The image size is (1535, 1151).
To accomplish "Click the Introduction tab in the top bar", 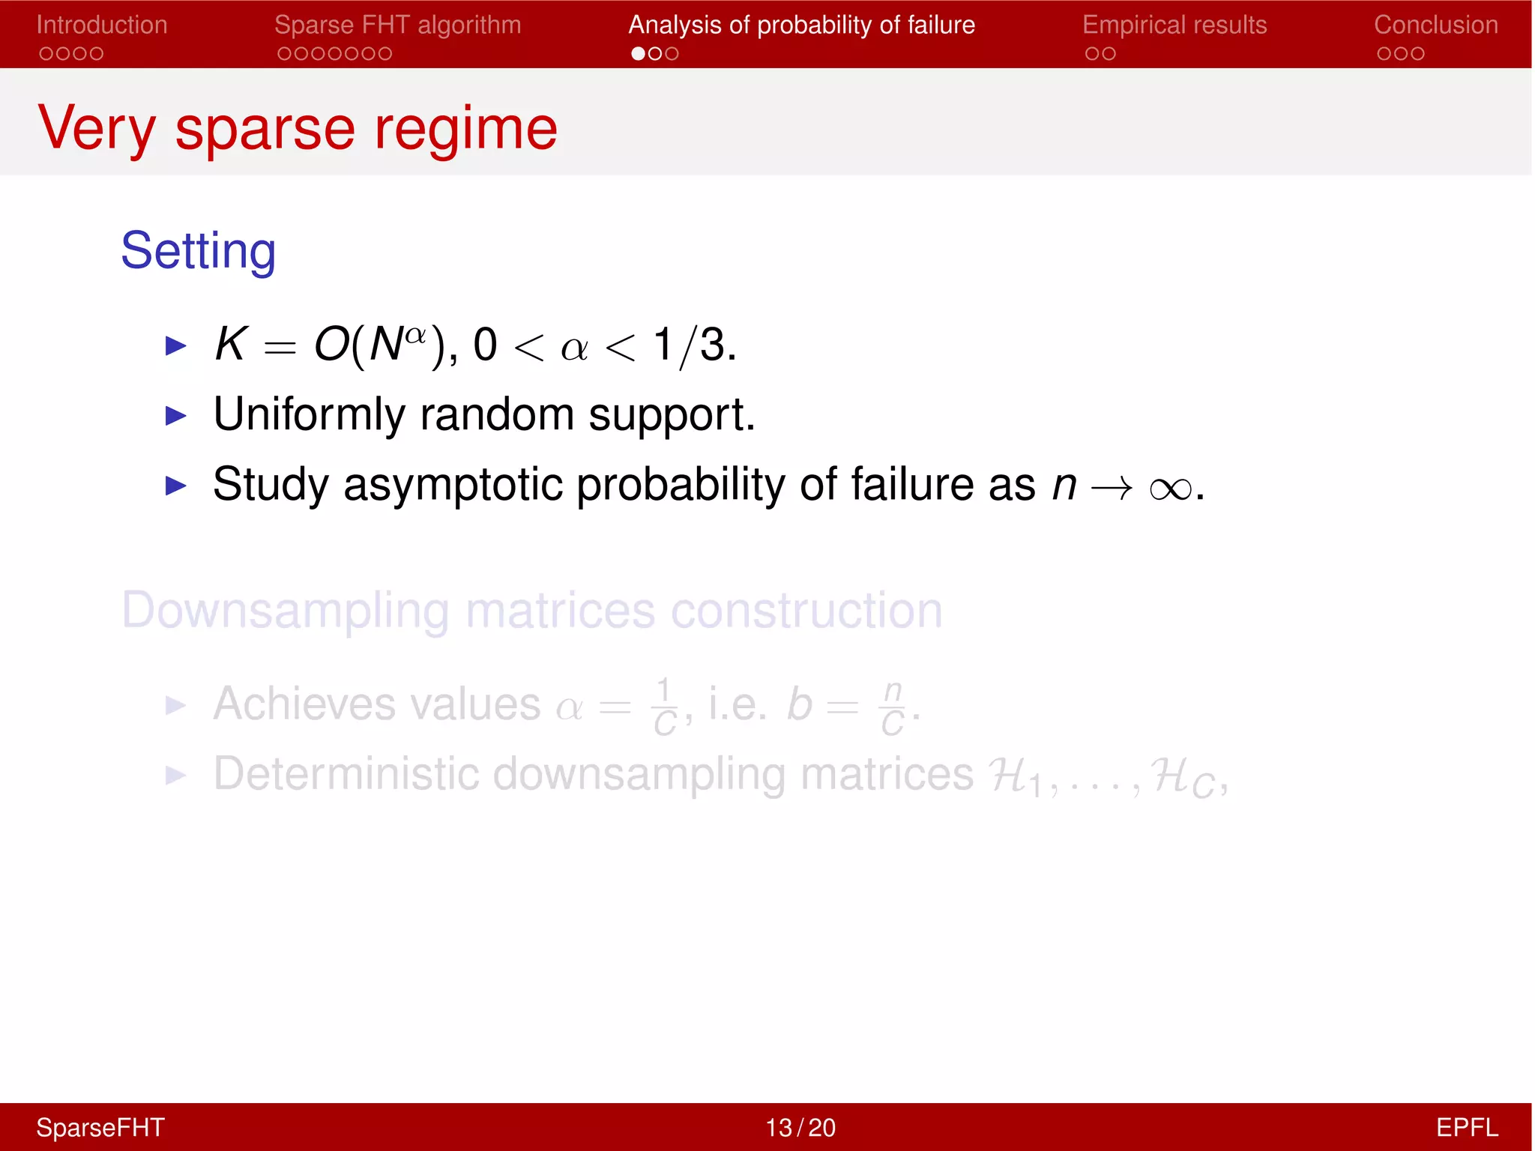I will click(102, 25).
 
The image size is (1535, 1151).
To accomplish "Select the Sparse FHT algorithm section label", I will click(397, 25).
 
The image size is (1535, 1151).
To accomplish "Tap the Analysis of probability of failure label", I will click(801, 25).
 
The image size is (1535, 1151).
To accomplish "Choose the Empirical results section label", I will click(1174, 25).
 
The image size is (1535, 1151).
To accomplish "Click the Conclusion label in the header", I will click(1435, 25).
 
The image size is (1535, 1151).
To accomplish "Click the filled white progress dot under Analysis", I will click(638, 54).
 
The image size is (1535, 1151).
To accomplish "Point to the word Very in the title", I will click(97, 129).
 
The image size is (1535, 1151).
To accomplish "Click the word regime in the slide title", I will click(465, 129).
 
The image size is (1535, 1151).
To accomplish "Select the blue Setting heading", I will click(199, 250).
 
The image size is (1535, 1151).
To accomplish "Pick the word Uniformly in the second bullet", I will click(309, 414).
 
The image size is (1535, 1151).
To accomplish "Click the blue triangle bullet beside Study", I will click(175, 486).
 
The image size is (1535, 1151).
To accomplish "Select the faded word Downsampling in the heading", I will click(286, 611).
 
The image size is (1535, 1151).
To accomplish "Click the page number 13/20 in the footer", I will click(800, 1128).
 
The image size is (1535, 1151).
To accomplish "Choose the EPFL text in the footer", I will click(1467, 1128).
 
